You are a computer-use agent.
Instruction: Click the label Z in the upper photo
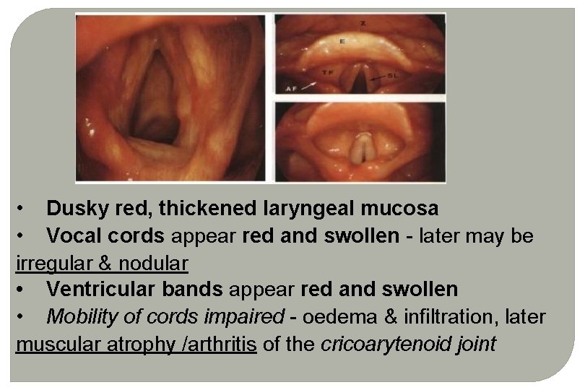363,25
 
